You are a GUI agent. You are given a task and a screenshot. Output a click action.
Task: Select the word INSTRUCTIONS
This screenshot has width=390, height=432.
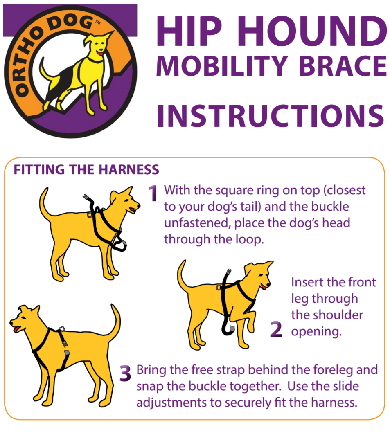pos(271,116)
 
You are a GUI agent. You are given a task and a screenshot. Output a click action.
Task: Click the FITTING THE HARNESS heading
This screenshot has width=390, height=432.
pos(86,170)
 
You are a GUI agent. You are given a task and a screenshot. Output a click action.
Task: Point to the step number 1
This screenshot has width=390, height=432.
pos(153,193)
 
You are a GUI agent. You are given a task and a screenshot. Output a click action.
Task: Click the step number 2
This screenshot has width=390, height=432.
pos(276,329)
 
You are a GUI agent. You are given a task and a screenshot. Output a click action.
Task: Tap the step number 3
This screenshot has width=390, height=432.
pos(125,373)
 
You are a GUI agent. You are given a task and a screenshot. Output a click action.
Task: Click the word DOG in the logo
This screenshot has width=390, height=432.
pos(70,23)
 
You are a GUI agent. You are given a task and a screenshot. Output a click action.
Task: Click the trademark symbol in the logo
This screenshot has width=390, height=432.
pos(97,22)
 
